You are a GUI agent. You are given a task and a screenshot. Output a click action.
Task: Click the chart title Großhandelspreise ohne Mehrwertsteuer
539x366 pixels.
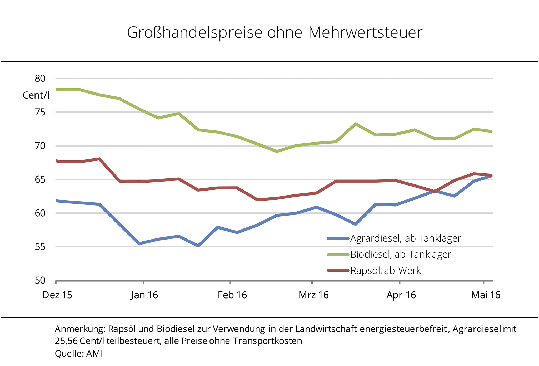[x=275, y=32]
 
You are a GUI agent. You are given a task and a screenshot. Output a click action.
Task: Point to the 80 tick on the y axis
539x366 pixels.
[x=40, y=78]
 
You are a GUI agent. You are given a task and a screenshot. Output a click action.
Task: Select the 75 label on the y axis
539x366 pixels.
[x=40, y=112]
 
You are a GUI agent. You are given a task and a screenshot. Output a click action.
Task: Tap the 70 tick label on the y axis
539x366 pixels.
[x=40, y=146]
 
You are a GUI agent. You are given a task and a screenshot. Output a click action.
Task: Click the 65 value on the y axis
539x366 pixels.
[x=40, y=180]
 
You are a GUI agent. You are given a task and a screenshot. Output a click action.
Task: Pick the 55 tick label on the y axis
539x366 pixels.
[x=40, y=247]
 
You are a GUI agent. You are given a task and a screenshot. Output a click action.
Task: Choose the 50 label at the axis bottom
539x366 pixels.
[x=40, y=280]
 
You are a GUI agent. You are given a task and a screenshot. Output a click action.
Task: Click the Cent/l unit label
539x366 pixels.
[x=36, y=95]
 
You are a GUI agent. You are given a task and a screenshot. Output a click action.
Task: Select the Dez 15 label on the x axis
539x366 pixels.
[x=57, y=295]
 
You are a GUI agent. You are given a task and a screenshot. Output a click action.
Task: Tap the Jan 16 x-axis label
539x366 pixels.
[x=144, y=295]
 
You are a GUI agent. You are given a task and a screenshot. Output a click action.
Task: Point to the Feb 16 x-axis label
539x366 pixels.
[x=232, y=295]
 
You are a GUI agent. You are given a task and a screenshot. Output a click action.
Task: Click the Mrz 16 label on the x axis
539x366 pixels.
[x=313, y=295]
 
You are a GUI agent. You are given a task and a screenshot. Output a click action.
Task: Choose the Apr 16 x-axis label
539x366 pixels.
[x=401, y=295]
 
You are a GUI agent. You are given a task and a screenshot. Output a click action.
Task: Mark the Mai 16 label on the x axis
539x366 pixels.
[x=486, y=295]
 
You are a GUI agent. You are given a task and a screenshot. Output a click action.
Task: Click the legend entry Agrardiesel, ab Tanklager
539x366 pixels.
[x=405, y=238]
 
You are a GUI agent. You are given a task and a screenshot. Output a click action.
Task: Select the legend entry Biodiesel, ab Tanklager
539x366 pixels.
[x=401, y=255]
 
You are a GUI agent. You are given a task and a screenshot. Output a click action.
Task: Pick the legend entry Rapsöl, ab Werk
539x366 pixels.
[x=386, y=271]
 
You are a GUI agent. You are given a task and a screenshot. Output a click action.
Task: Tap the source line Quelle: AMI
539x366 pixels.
[x=79, y=353]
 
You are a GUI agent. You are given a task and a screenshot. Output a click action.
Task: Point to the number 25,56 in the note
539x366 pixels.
[x=66, y=341]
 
